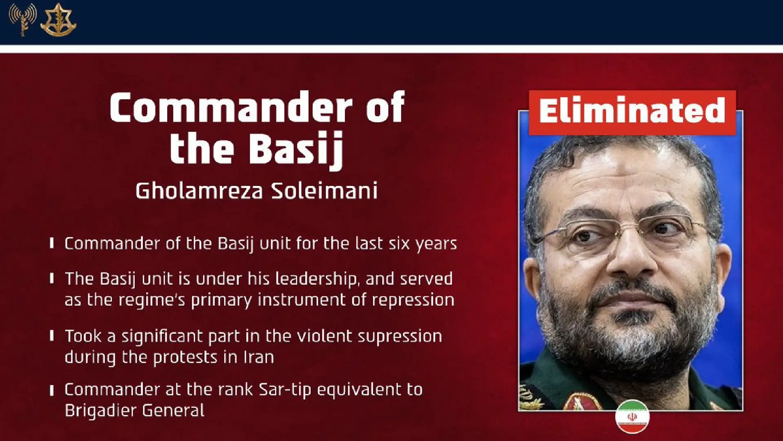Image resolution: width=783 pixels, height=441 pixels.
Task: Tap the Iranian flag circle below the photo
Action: pos(632,417)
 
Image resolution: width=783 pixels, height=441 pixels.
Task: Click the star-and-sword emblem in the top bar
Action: pos(58,19)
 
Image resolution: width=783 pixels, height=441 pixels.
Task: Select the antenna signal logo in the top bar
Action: pos(23,19)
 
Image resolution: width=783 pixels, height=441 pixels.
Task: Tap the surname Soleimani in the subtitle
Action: pos(325,191)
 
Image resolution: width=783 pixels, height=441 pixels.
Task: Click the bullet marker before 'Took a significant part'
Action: pos(52,336)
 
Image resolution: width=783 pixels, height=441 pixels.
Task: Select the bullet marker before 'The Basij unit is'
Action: pos(52,278)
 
